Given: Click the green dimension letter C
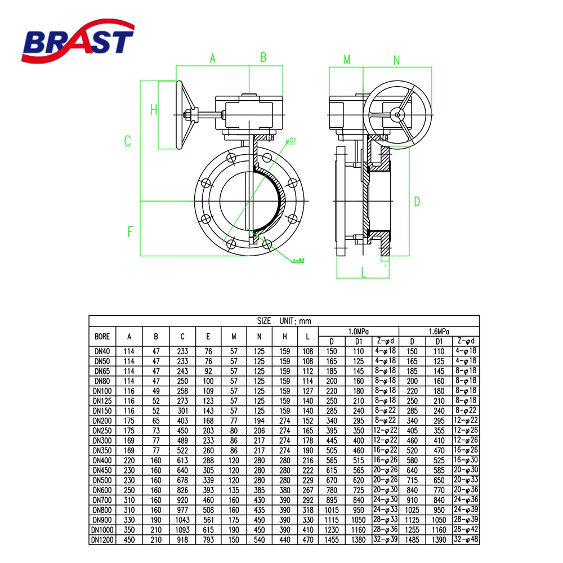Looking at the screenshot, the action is pos(127,141).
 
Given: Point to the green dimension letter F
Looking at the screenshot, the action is pos(130,231).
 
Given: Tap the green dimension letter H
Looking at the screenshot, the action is pos(154,110).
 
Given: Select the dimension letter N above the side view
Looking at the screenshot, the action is pos(396,60).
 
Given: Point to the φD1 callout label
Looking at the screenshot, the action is pos(291,140).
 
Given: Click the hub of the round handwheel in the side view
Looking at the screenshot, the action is pos(397,115).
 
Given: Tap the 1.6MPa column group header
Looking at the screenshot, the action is pos(439,332).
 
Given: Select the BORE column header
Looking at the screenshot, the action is pos(102,337).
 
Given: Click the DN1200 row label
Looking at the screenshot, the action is pos(102,540).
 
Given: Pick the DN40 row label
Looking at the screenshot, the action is pos(102,351).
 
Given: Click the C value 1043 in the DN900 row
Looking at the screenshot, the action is pos(182,520).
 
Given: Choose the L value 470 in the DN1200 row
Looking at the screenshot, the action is pos(308,540).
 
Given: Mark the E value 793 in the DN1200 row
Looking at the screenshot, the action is pos(208,540).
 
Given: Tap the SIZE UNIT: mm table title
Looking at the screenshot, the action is pos(284,321).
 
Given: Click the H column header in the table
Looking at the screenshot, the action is pos(285,337).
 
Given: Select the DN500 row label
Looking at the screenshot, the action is pos(102,480).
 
